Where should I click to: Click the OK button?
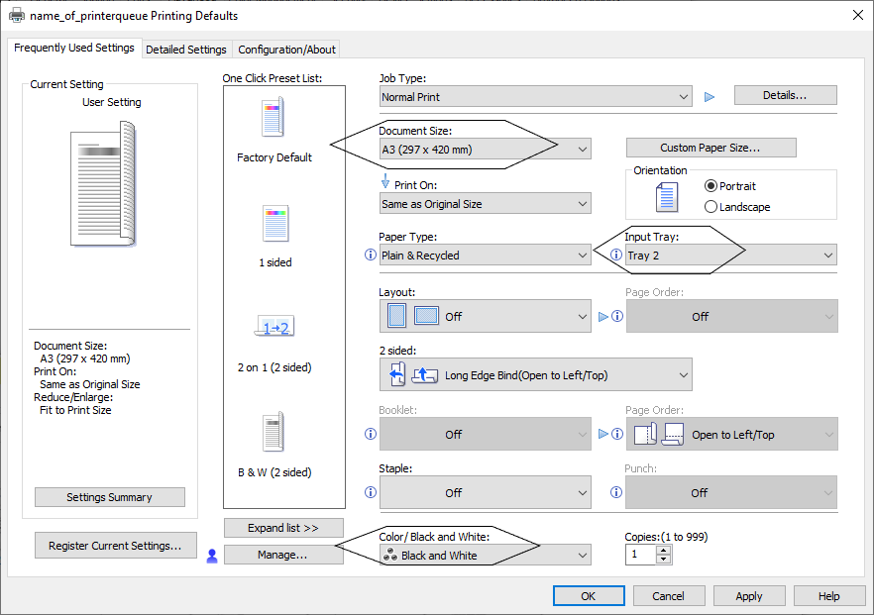pyautogui.click(x=589, y=595)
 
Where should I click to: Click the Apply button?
pyautogui.click(x=748, y=595)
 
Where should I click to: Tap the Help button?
pyautogui.click(x=828, y=595)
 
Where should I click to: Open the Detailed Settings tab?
pyautogui.click(x=186, y=50)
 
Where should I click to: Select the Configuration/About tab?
pyautogui.click(x=286, y=50)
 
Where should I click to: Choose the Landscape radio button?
pyautogui.click(x=710, y=207)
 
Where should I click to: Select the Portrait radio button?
pyautogui.click(x=710, y=186)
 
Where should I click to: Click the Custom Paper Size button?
pyautogui.click(x=710, y=148)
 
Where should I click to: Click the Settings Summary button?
pyautogui.click(x=109, y=497)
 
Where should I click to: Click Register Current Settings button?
pyautogui.click(x=115, y=546)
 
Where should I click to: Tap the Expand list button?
pyautogui.click(x=283, y=528)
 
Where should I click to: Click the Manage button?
pyautogui.click(x=283, y=555)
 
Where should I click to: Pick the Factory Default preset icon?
pyautogui.click(x=273, y=117)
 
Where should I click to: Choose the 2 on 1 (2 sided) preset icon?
pyautogui.click(x=274, y=326)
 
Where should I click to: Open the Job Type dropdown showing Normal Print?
pyautogui.click(x=536, y=96)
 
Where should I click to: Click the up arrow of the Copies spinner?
pyautogui.click(x=663, y=551)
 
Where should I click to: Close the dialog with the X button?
pyautogui.click(x=858, y=15)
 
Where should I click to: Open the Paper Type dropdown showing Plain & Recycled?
pyautogui.click(x=485, y=256)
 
